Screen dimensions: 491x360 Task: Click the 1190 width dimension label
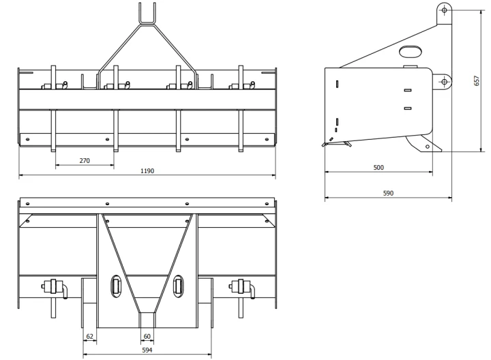pyautogui.click(x=147, y=171)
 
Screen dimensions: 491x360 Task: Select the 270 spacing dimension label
pyautogui.click(x=85, y=161)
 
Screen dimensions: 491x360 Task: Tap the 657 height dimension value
pyautogui.click(x=477, y=80)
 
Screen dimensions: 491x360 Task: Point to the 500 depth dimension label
pyautogui.click(x=378, y=168)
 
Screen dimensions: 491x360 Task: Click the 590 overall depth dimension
pyautogui.click(x=388, y=193)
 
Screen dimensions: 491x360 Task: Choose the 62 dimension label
pyautogui.click(x=89, y=336)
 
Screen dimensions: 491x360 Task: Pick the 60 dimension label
pyautogui.click(x=147, y=336)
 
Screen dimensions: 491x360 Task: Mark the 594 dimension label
pyautogui.click(x=147, y=350)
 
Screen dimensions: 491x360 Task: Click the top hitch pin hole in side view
pyautogui.click(x=445, y=10)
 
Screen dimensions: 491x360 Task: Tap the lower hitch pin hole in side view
pyautogui.click(x=445, y=82)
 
